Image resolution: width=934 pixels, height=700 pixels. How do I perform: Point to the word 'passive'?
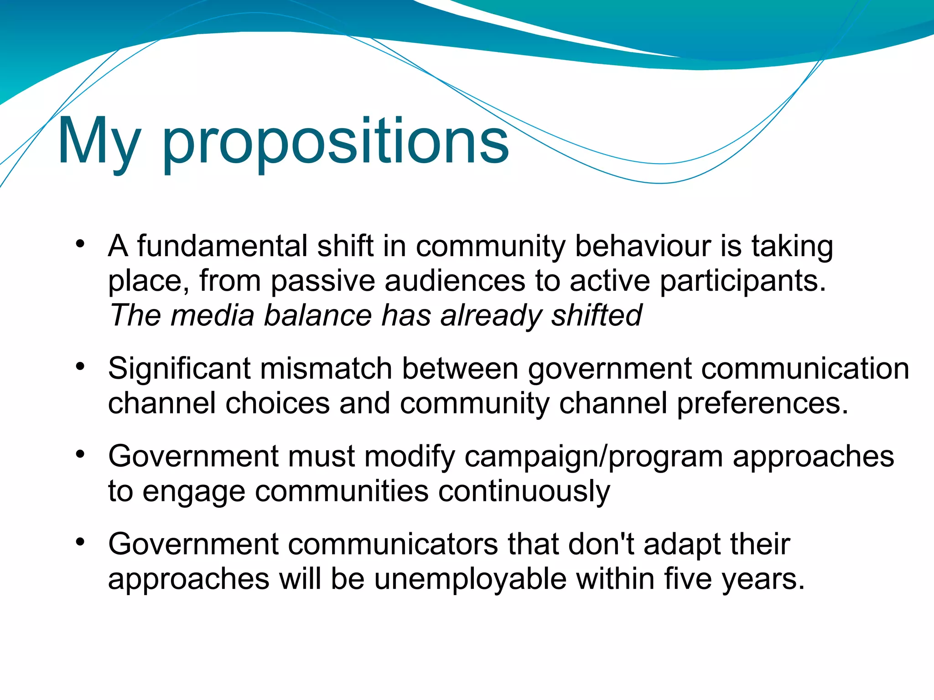[x=322, y=281]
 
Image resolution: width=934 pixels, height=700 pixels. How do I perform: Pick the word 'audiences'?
[x=455, y=281]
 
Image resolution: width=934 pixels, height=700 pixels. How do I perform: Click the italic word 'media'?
[x=212, y=315]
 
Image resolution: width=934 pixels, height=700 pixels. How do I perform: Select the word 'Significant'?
[x=179, y=370]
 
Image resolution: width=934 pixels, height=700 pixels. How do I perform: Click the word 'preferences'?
[x=762, y=404]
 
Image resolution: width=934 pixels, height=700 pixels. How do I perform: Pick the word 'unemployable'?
[x=471, y=579]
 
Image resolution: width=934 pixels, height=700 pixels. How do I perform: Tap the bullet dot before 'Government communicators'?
[x=81, y=541]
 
